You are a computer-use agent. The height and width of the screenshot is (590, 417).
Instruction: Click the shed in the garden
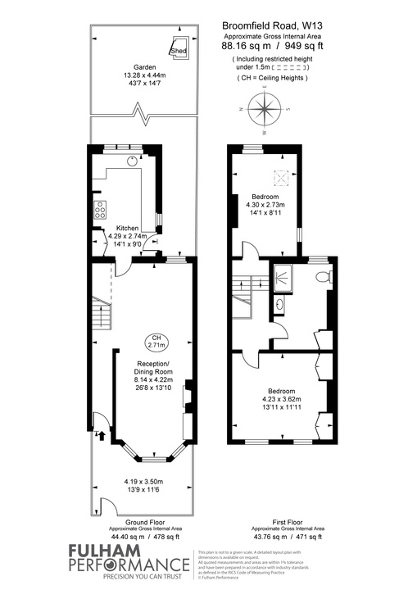(x=179, y=48)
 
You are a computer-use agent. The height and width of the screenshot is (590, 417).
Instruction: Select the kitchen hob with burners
(x=101, y=209)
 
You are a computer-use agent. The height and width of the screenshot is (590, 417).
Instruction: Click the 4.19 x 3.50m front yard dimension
(x=143, y=481)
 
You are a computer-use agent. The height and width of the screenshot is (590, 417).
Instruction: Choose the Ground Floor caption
(x=143, y=521)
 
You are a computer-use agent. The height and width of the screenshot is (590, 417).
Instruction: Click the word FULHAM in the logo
(x=54, y=551)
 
